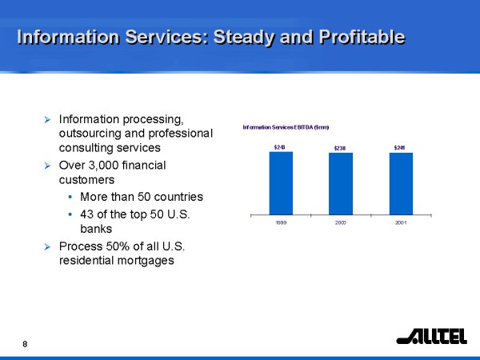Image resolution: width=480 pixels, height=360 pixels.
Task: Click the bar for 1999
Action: [281, 182]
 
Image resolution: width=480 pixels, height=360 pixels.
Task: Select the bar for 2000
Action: [340, 183]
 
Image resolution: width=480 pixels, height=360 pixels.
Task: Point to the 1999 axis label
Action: [281, 222]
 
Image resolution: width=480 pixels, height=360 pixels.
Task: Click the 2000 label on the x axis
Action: [340, 222]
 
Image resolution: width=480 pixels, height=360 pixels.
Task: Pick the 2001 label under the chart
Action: [401, 222]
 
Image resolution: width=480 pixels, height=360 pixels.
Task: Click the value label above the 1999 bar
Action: [280, 147]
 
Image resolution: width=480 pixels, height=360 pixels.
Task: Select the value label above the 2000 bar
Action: [340, 148]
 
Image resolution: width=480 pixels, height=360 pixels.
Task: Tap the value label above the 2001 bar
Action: [400, 147]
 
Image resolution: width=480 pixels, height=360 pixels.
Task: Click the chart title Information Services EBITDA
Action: [286, 127]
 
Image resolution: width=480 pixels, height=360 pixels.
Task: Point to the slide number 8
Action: [25, 344]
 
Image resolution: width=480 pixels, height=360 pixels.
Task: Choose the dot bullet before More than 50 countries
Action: [72, 197]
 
